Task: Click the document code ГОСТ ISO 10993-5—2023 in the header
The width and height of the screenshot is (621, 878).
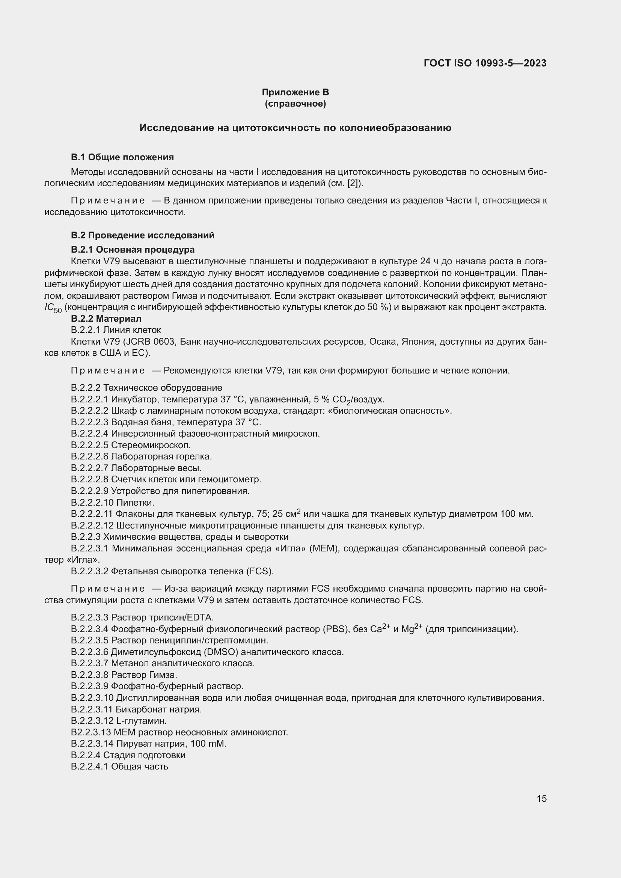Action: point(485,63)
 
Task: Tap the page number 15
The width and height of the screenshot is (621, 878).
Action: point(541,798)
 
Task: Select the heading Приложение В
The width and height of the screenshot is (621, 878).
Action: point(295,92)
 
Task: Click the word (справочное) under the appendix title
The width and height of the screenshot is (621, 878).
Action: point(295,104)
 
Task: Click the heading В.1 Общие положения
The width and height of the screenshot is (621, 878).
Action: point(122,157)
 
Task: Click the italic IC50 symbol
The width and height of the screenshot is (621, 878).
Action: point(53,307)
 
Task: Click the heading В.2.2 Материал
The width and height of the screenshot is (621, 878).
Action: point(106,318)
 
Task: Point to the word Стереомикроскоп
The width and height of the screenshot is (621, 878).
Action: point(151,445)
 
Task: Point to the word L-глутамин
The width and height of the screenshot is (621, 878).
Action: point(141,721)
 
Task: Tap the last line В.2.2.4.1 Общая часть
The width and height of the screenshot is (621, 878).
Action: point(119,767)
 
